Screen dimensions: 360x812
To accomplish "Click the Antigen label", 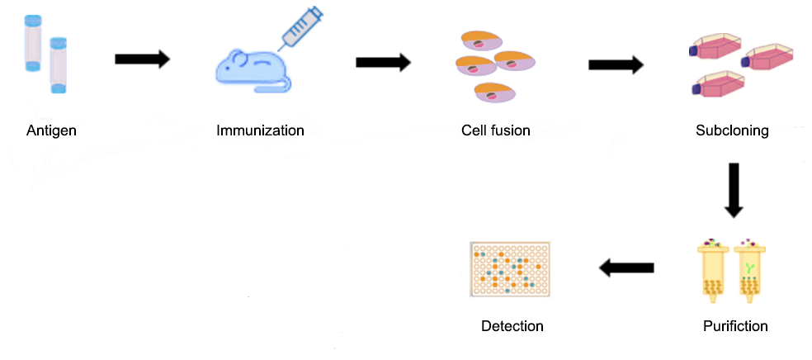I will (51, 130).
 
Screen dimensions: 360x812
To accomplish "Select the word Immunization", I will (260, 130).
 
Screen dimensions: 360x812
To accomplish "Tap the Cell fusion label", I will (496, 130).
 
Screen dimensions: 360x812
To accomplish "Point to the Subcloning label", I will (732, 130).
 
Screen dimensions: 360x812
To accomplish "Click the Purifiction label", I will (735, 326).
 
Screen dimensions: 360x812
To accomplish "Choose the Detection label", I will (512, 326).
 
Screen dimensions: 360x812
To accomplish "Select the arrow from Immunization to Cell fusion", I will (383, 62).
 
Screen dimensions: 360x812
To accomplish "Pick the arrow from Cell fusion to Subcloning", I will (616, 65).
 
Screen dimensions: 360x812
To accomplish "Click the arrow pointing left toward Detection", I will (626, 268).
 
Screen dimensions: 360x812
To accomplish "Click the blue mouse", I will (248, 69).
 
